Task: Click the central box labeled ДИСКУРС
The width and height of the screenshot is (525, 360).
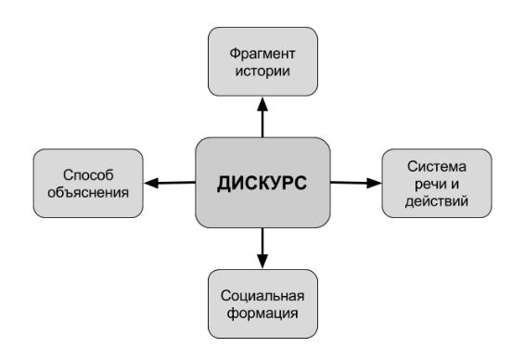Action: [262, 183]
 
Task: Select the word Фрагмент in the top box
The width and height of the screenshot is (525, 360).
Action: [262, 54]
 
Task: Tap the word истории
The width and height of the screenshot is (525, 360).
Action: [262, 71]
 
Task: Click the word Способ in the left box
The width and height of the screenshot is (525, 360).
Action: [88, 174]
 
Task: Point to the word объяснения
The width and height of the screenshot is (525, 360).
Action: [88, 192]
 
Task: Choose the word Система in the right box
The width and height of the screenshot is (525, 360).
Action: [437, 166]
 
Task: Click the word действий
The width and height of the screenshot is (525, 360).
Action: [436, 201]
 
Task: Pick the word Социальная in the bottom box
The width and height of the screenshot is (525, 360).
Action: [262, 296]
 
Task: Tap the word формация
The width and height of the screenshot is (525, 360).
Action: [262, 313]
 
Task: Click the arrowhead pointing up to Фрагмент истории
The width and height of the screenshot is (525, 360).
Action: [262, 105]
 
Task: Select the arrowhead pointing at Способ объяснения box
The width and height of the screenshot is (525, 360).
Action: [151, 183]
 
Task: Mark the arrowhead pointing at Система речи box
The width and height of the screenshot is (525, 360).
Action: [374, 183]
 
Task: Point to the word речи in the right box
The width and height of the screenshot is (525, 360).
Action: [428, 185]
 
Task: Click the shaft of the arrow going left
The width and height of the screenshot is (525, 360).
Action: [177, 183]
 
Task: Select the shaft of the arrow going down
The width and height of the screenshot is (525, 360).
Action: [262, 241]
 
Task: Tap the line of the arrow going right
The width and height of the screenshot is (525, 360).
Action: [349, 183]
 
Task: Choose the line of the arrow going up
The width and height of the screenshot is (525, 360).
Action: [262, 124]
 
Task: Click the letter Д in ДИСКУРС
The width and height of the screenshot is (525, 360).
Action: [224, 184]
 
